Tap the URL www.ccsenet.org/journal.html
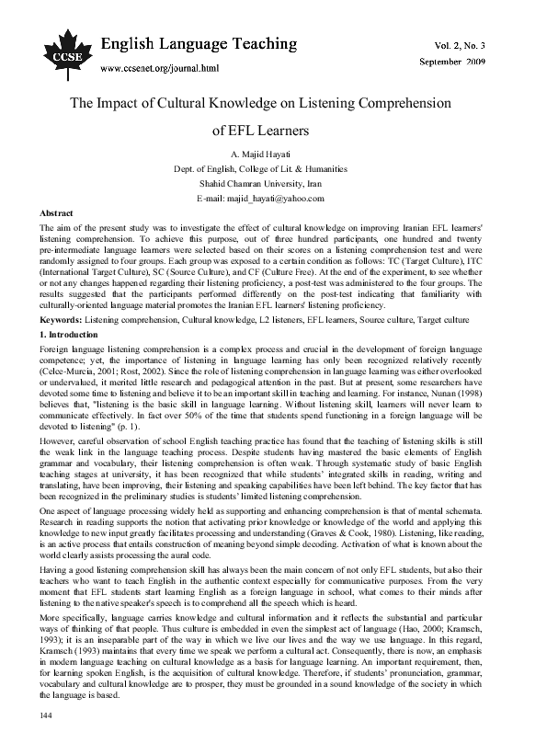[159, 68]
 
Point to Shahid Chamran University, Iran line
[273, 184]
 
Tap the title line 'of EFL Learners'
[273, 131]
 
